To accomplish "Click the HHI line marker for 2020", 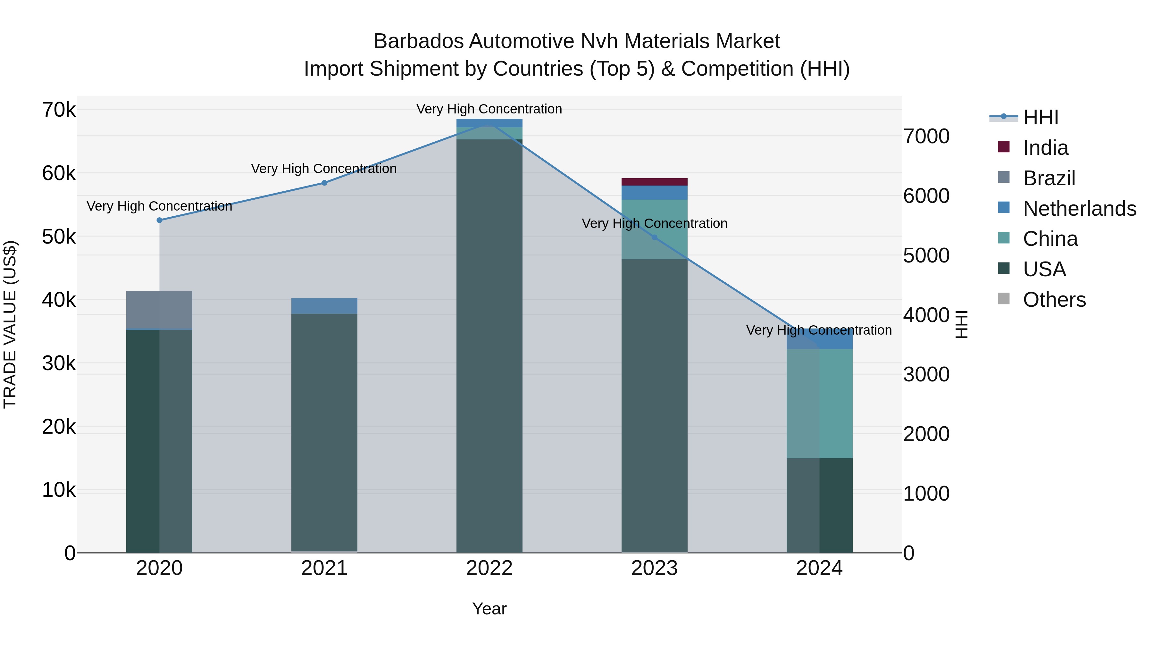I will [160, 220].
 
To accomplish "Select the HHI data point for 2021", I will [324, 183].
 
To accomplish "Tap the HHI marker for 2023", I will [655, 237].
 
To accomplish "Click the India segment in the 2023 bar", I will [655, 182].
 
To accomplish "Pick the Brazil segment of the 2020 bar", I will [160, 310].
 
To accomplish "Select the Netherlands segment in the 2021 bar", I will [324, 306].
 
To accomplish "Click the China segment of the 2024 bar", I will [819, 403].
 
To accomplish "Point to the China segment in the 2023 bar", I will [655, 229].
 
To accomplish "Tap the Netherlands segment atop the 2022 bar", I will [489, 123].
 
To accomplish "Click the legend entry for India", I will [1046, 148].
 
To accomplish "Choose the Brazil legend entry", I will [1049, 178].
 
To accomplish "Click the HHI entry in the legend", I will [1041, 117].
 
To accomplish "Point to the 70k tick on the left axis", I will [59, 110].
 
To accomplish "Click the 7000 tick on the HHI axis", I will [926, 136].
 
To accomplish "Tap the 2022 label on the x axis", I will [489, 568].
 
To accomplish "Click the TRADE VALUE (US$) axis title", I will [10, 324].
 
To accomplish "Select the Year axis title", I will [489, 609].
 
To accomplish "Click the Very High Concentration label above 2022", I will [489, 109].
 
